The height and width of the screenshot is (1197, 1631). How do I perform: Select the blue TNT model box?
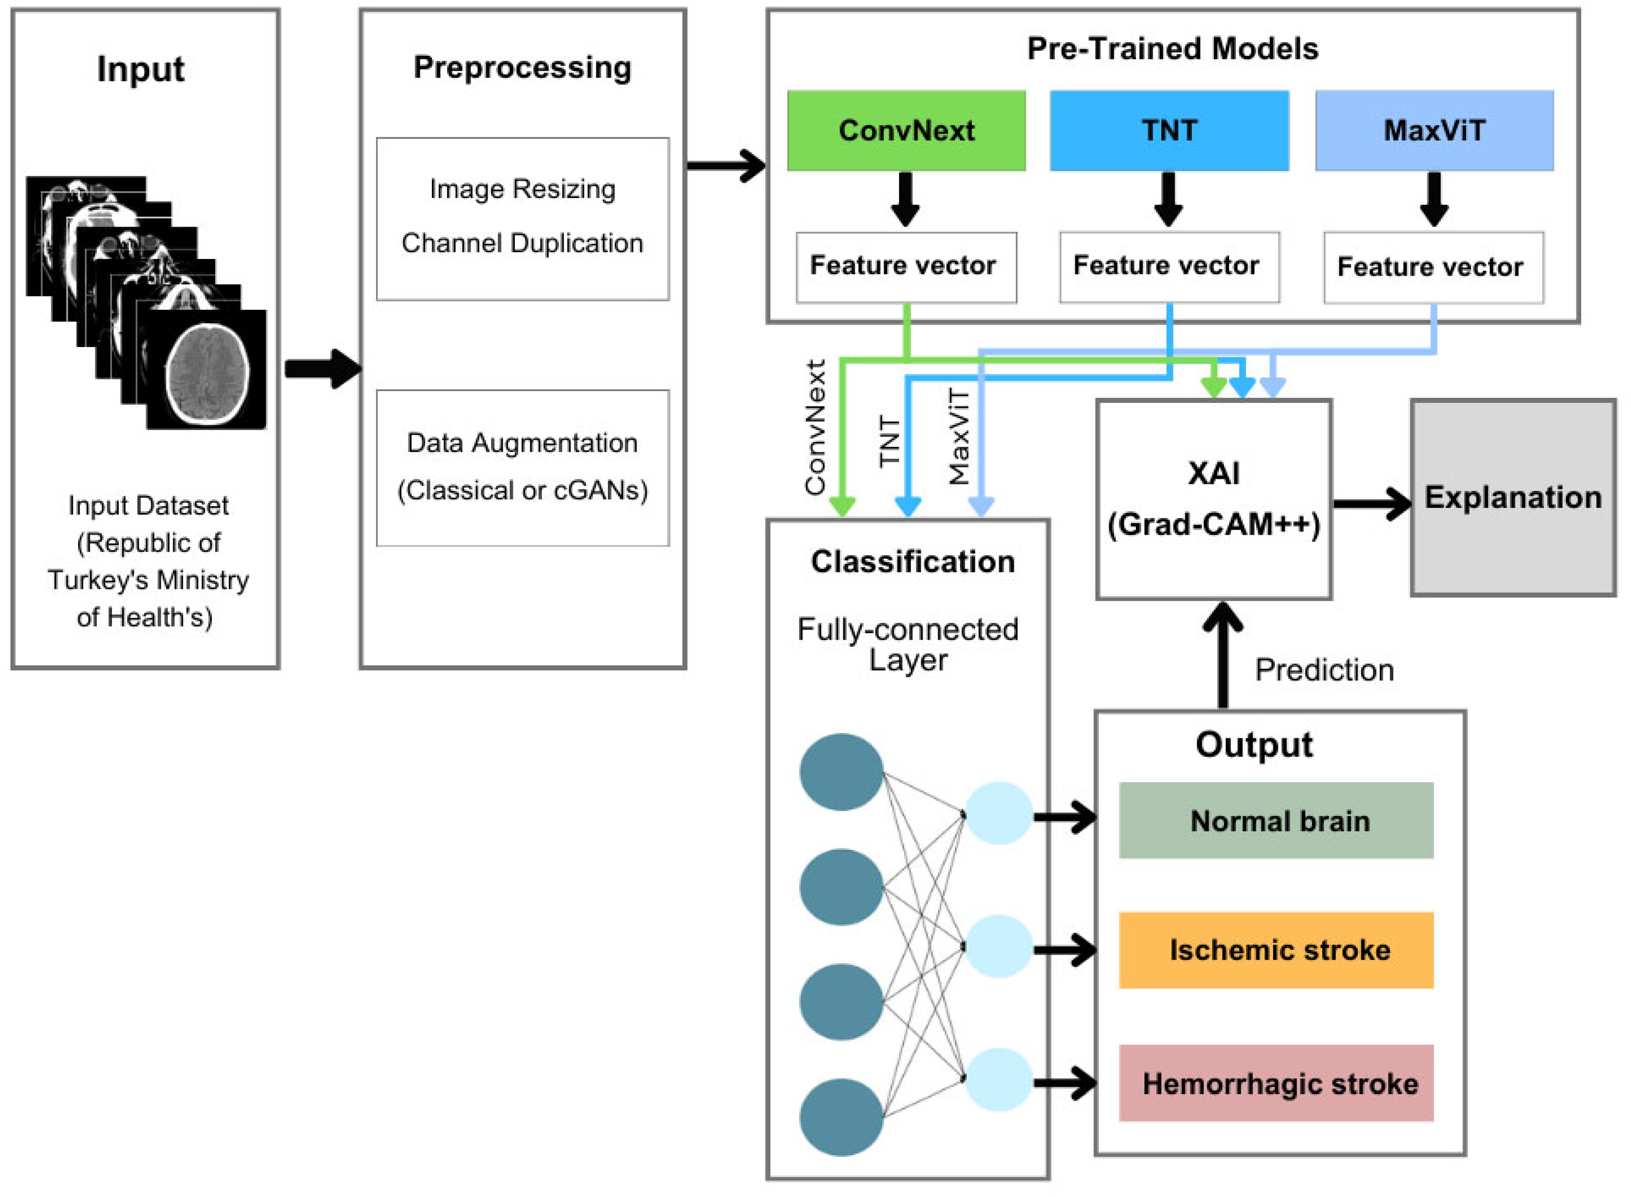pyautogui.click(x=1169, y=130)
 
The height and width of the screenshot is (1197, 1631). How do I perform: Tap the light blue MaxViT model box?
pyautogui.click(x=1434, y=130)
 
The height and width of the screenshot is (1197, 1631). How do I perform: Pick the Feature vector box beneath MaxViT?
pyautogui.click(x=1432, y=267)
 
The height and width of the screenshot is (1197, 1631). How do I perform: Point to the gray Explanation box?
pyautogui.click(x=1513, y=498)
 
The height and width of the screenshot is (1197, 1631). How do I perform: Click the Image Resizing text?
pyautogui.click(x=523, y=189)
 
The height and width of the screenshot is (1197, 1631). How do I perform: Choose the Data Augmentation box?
pyautogui.click(x=523, y=467)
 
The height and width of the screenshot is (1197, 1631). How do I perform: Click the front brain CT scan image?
pyautogui.click(x=206, y=370)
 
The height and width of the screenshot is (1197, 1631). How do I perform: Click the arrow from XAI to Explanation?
pyautogui.click(x=1371, y=504)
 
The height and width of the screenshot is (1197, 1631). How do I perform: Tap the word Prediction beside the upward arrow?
pyautogui.click(x=1324, y=670)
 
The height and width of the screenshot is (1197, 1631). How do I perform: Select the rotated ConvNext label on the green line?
pyautogui.click(x=816, y=428)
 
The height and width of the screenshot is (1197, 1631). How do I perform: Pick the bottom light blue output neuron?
pyautogui.click(x=998, y=1079)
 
